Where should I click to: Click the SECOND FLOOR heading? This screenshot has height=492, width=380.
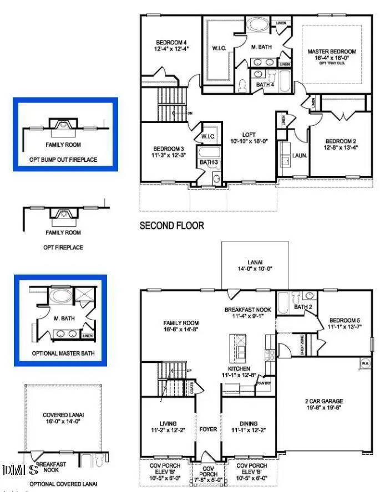coord(171,225)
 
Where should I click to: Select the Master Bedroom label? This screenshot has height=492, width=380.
coord(332,52)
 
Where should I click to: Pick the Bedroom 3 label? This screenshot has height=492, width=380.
coord(169,148)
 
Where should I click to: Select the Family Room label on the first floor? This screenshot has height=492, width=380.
coord(181,323)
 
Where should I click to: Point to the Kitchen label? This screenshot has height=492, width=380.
coord(239,368)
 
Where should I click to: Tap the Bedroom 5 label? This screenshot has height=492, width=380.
coord(345,320)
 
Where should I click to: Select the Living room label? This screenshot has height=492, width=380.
coord(167,423)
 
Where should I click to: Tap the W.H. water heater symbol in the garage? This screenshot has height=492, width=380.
coord(365,363)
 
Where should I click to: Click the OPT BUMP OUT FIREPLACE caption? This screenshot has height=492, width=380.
coord(63,160)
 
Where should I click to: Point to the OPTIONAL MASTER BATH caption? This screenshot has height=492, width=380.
coord(63,353)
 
